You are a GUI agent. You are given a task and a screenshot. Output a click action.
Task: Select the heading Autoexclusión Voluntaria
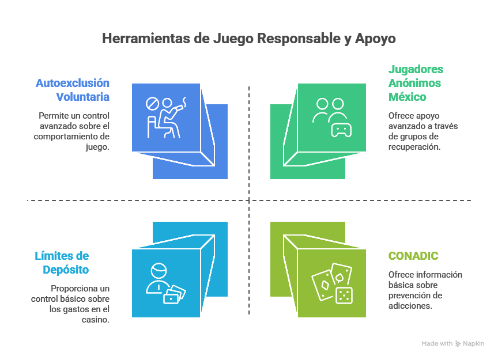[x=73, y=90]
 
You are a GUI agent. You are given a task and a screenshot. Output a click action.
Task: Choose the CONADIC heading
[x=413, y=256]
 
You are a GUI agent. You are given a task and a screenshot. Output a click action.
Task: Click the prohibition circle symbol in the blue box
[x=152, y=104]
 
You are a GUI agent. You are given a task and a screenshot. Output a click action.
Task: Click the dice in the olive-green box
[x=344, y=295]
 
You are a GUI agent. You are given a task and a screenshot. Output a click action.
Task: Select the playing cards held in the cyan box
[x=175, y=294]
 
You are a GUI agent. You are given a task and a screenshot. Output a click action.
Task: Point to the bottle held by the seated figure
[x=183, y=104]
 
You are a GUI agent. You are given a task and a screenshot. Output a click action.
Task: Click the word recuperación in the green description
[x=414, y=147]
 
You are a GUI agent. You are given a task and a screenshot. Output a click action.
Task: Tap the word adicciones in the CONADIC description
[x=409, y=306]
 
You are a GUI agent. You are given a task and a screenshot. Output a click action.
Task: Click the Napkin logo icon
[x=458, y=343]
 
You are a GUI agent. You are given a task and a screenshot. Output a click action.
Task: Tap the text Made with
[x=436, y=343]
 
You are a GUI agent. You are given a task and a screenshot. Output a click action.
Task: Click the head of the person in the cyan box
[x=157, y=271]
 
